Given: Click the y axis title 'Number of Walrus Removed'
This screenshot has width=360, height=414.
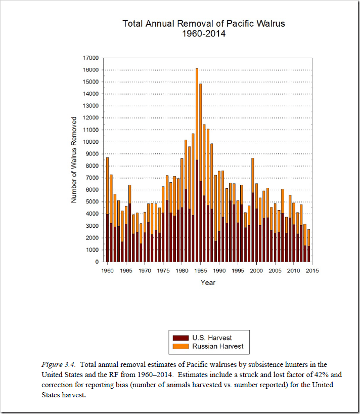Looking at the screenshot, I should point(74,159).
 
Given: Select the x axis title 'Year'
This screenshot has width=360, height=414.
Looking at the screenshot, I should point(208,282).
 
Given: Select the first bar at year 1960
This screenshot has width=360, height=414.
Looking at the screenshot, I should point(107,213).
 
